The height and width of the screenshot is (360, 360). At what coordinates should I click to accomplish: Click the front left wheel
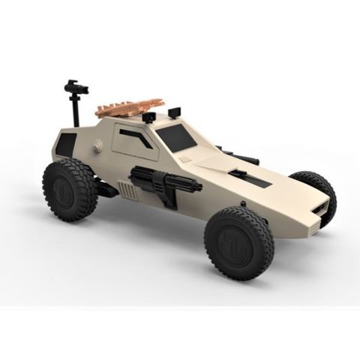238,243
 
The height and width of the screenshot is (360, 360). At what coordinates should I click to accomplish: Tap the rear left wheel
70,188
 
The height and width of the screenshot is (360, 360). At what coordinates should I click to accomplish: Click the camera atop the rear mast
76,88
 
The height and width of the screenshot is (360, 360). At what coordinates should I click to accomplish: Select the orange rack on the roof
129,106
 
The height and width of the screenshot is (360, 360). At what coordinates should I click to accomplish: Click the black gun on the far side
238,157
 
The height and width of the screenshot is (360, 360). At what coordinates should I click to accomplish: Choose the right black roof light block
175,112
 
